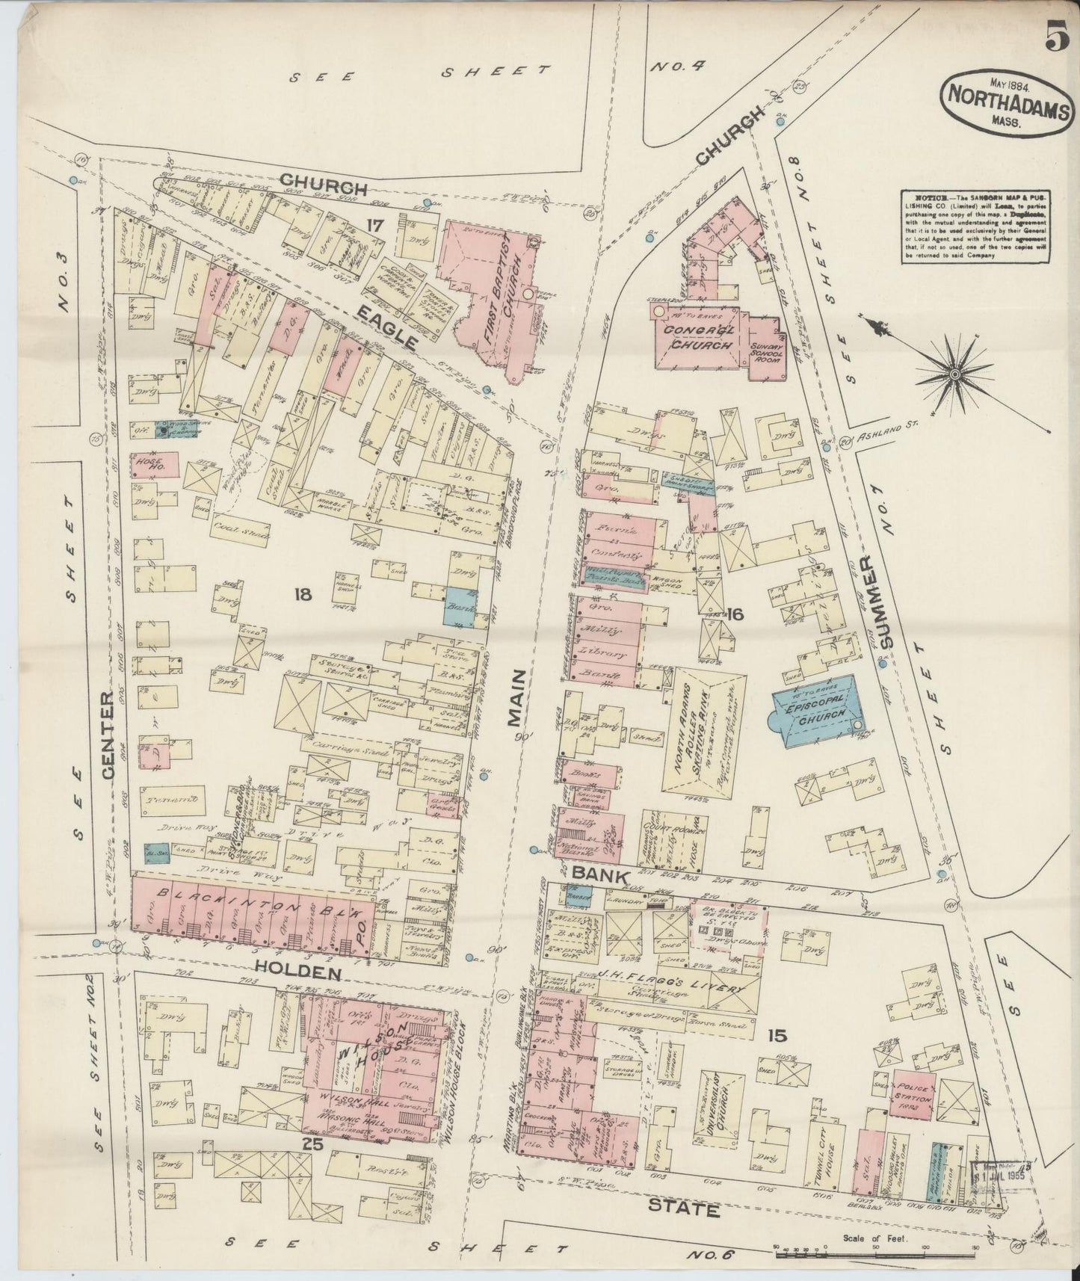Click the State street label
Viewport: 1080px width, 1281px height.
click(683, 1208)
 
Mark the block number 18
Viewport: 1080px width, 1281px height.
click(302, 594)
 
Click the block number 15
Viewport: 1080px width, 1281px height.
click(777, 1035)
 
